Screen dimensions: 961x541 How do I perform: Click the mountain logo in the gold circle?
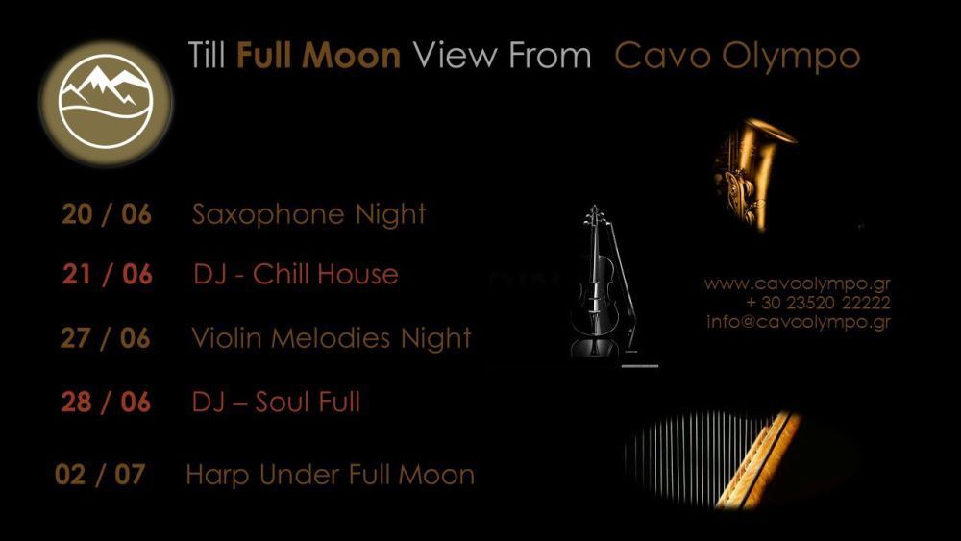tap(106, 102)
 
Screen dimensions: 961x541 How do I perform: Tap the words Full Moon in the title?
tap(318, 55)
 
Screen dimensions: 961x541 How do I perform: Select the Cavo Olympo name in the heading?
tap(737, 57)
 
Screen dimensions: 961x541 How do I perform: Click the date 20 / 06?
tap(106, 214)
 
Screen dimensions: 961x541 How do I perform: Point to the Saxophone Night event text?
tap(308, 215)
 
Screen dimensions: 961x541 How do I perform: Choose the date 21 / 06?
tap(107, 274)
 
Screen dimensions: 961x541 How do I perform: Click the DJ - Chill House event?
tap(295, 273)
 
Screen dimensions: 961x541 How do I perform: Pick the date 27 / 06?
tap(106, 338)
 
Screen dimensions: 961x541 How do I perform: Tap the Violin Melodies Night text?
tap(332, 338)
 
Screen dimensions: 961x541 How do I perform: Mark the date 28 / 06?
tap(106, 402)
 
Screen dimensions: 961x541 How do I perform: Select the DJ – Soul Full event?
tap(276, 402)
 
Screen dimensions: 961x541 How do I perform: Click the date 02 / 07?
tap(100, 475)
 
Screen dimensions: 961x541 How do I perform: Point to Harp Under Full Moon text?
tap(330, 476)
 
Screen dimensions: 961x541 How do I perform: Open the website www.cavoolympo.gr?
tap(797, 283)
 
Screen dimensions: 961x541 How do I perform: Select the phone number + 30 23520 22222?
tap(818, 303)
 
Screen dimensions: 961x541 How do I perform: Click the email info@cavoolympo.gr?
tap(798, 322)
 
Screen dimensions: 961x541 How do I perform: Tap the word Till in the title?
tap(207, 55)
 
